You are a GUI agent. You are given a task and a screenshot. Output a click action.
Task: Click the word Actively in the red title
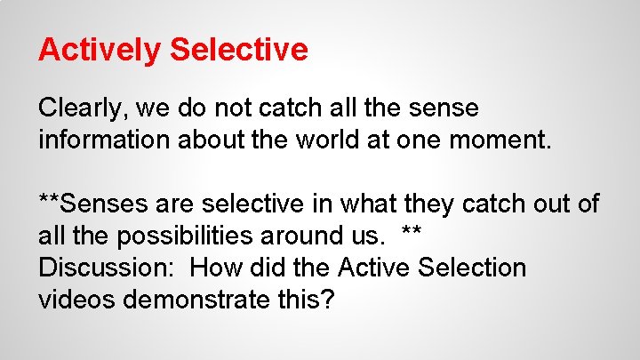click(99, 50)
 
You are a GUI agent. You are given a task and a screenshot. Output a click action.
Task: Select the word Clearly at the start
click(82, 108)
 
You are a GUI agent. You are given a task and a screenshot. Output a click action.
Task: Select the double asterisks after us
click(411, 233)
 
